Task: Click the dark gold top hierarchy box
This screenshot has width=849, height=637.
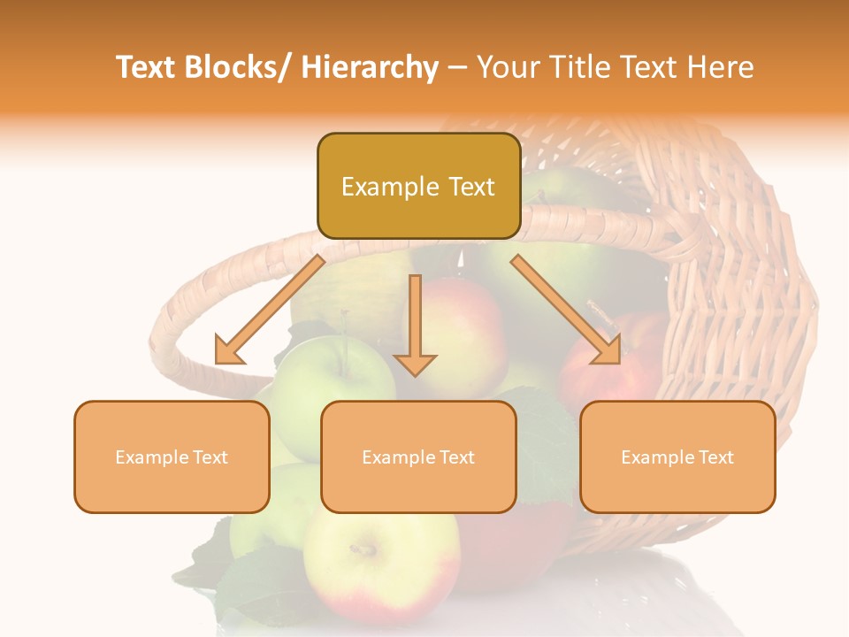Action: [x=418, y=186]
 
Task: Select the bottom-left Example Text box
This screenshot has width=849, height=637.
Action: [x=172, y=457]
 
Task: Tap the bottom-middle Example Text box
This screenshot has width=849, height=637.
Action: [x=418, y=457]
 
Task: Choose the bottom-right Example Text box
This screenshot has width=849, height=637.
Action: [x=677, y=457]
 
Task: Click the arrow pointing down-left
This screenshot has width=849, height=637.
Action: [x=270, y=310]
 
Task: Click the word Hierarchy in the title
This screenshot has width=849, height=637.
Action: [x=370, y=67]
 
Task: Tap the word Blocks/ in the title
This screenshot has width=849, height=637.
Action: [x=237, y=67]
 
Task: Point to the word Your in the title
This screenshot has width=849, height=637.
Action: [x=508, y=67]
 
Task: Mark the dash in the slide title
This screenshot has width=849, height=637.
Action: [x=457, y=68]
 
